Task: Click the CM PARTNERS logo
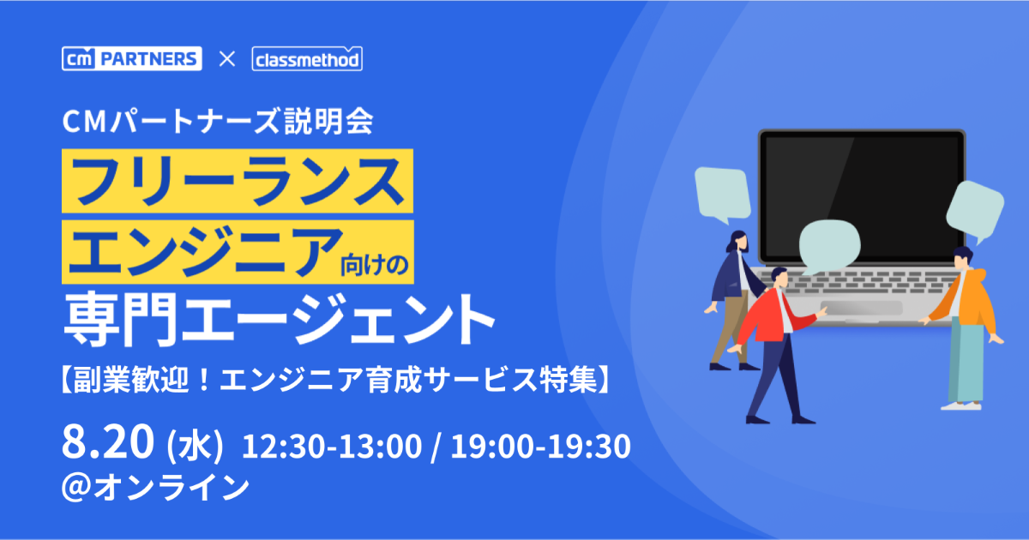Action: click(132, 59)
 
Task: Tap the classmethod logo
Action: click(307, 59)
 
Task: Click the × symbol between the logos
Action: click(227, 59)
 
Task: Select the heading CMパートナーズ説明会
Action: click(218, 122)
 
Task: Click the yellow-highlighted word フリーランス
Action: click(238, 181)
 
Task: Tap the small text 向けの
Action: click(375, 265)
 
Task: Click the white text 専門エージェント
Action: click(280, 320)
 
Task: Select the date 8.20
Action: click(107, 441)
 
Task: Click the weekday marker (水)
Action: click(195, 446)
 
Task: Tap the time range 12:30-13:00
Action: click(332, 447)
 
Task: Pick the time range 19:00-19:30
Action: click(541, 447)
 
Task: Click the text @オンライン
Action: click(156, 488)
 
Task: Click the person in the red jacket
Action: click(776, 345)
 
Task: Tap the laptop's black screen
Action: click(862, 196)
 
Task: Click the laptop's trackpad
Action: click(862, 308)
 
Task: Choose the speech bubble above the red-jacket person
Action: click(830, 246)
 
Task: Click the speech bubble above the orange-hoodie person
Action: click(975, 210)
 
